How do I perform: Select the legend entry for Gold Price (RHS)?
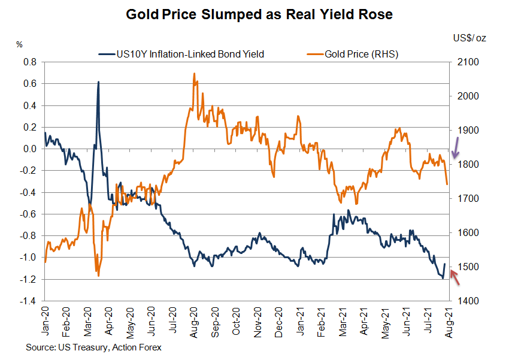pos(361,55)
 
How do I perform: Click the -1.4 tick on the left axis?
pos(28,301)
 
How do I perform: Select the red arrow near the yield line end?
pos(455,277)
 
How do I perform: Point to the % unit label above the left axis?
pos(20,44)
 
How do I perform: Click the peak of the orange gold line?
pos(194,74)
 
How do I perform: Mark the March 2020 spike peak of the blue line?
pos(98,81)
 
